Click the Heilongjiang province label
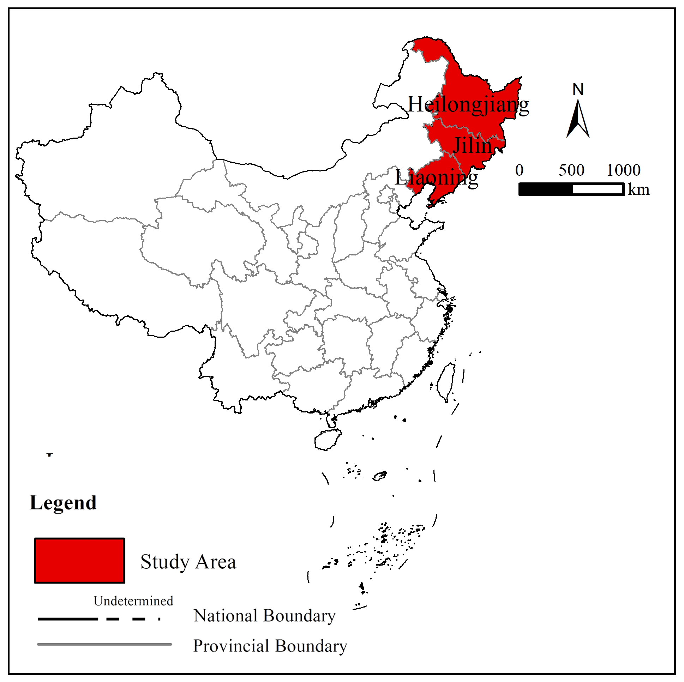point(468,105)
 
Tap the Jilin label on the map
point(473,145)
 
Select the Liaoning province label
point(436,178)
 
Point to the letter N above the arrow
point(578,90)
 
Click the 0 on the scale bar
point(520,170)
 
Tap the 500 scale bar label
point(571,170)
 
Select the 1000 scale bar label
point(623,170)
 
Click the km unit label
point(639,190)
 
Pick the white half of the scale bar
point(598,189)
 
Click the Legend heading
point(64,503)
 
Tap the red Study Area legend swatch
point(80,560)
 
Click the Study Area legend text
point(188,562)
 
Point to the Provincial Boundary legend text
point(270,646)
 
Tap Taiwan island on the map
point(447,382)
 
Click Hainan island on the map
point(328,440)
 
